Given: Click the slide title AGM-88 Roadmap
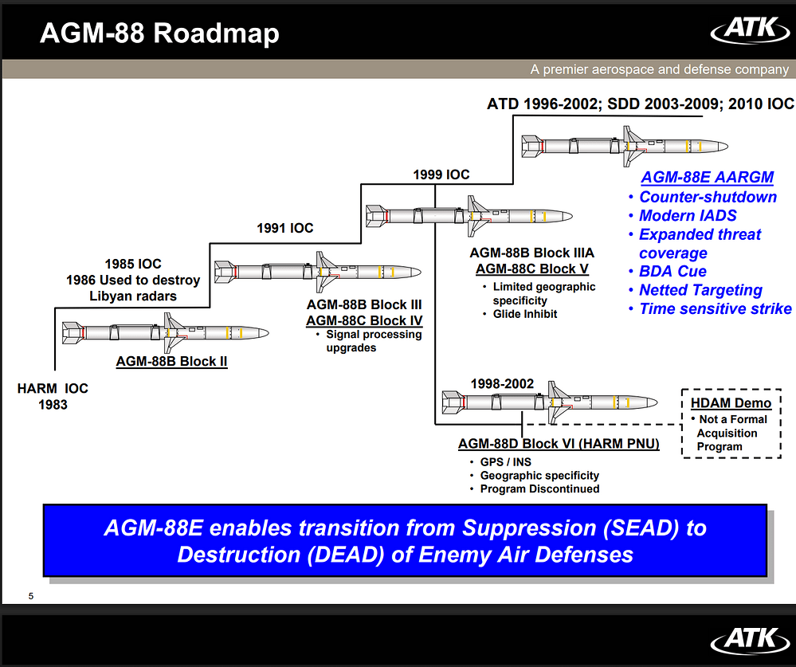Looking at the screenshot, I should pyautogui.click(x=159, y=33).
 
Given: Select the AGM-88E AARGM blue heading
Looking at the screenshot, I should pyautogui.click(x=707, y=178).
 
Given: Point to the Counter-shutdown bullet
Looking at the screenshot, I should pyautogui.click(x=708, y=197).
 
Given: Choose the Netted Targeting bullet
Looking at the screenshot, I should pyautogui.click(x=700, y=290).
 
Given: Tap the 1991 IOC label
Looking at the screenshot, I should pyautogui.click(x=284, y=228).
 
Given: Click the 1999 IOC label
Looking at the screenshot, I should pyautogui.click(x=441, y=175).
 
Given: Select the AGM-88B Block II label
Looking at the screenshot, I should pyautogui.click(x=171, y=361).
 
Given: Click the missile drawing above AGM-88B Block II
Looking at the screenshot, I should pyautogui.click(x=166, y=333).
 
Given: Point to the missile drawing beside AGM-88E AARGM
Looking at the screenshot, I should pyautogui.click(x=625, y=146).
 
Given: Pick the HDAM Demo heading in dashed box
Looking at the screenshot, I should pyautogui.click(x=731, y=403).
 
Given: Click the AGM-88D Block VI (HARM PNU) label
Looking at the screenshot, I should pyautogui.click(x=559, y=443).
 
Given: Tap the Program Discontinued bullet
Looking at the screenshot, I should pyautogui.click(x=539, y=488).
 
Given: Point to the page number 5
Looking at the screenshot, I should pyautogui.click(x=30, y=596).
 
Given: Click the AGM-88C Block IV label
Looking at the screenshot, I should pyautogui.click(x=364, y=320).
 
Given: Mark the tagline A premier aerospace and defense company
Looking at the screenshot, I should pyautogui.click(x=659, y=69).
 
